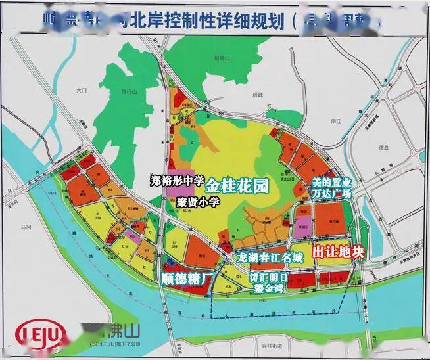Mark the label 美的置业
point(329,180)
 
